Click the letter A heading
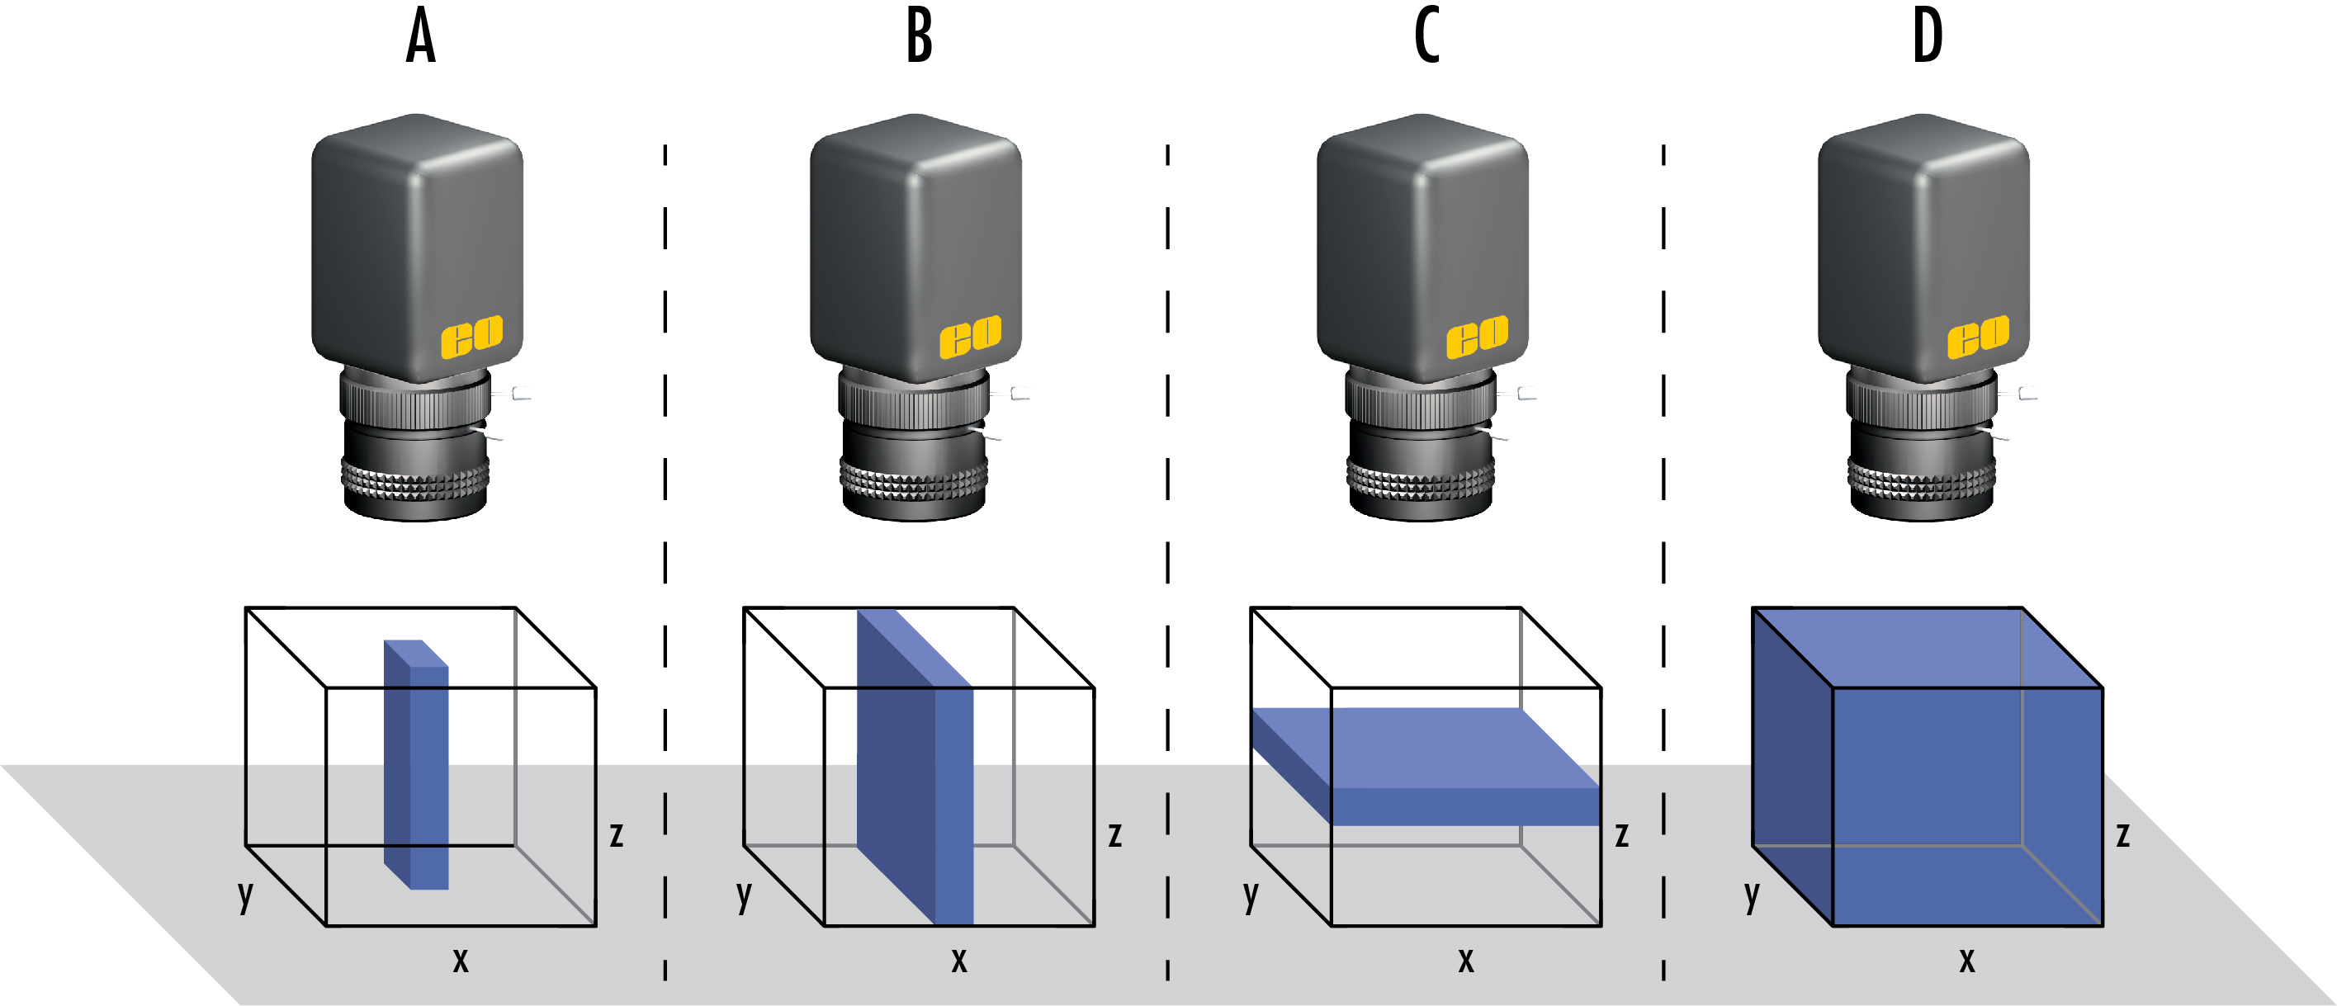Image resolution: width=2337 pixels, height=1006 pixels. click(x=420, y=38)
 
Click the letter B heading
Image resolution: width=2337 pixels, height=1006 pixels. click(x=919, y=38)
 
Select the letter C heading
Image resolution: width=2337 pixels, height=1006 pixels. click(x=1426, y=38)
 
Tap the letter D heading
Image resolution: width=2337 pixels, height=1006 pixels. click(x=1927, y=38)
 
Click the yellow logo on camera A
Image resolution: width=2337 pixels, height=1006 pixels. click(x=471, y=337)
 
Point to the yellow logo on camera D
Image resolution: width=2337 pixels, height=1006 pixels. click(x=1978, y=337)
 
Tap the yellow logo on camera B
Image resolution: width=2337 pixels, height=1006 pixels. click(x=970, y=337)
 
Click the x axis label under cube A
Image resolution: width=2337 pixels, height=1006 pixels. click(x=461, y=960)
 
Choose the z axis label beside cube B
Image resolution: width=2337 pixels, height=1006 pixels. click(x=1115, y=834)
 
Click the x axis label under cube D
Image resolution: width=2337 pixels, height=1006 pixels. click(x=1967, y=960)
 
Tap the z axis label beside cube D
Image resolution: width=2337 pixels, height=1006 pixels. click(x=2123, y=834)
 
